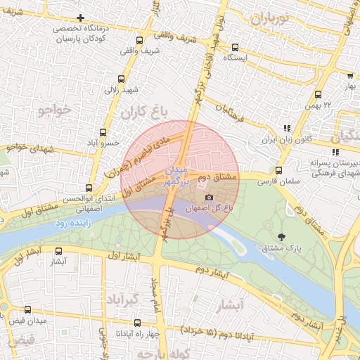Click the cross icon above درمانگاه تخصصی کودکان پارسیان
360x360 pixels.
pos(81,18)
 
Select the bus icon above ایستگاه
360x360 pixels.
pos(235,48)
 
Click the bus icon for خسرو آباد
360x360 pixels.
pos(103,132)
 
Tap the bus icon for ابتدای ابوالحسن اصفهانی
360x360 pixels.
pos(89,188)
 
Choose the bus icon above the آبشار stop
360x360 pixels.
pos(58,250)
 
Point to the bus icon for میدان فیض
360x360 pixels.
pos(27,309)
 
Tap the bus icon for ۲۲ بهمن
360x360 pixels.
pos(318,94)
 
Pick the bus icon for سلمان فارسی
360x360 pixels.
pos(278,170)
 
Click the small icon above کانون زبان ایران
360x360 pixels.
pos(286,128)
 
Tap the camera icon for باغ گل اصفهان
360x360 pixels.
pos(208,198)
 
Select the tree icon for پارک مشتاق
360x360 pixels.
pos(283,236)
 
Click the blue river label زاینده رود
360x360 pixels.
pos(71,224)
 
